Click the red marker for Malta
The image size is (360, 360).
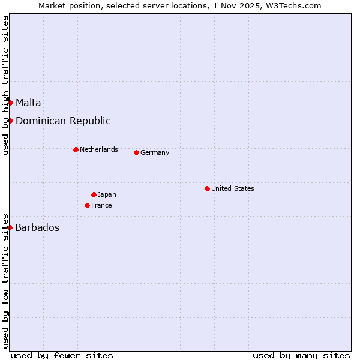click(10, 103)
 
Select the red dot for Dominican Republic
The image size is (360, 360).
click(10, 121)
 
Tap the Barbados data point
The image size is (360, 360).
click(10, 227)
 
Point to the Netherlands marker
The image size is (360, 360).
click(76, 149)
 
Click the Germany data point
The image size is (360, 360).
click(136, 152)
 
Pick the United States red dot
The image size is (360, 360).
click(207, 188)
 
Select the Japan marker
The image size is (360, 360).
click(94, 194)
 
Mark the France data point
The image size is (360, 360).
click(87, 205)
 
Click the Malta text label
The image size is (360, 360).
click(28, 103)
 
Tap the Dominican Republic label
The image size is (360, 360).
click(63, 121)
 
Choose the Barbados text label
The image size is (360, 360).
click(37, 227)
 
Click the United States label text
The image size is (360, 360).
click(233, 188)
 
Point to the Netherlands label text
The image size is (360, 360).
click(99, 149)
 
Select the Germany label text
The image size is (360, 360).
click(155, 152)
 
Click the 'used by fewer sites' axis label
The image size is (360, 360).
click(62, 355)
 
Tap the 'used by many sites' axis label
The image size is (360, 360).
click(301, 355)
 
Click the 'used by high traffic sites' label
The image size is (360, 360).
click(5, 85)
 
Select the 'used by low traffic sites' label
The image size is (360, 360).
click(5, 280)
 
